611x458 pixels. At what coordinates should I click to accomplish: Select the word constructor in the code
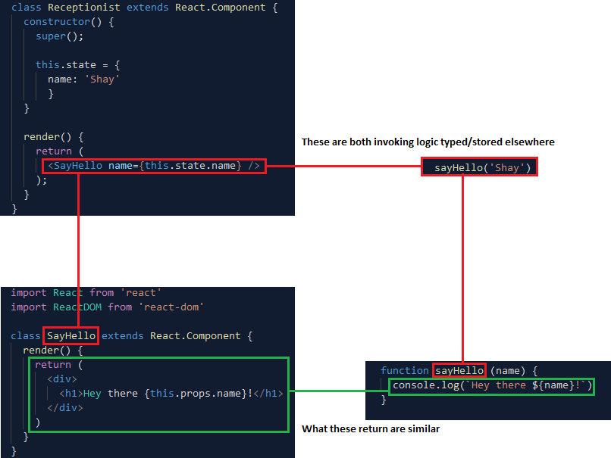(x=56, y=21)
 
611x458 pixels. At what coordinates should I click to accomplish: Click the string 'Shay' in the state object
(x=105, y=79)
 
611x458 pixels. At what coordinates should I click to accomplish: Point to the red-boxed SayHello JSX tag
(x=154, y=166)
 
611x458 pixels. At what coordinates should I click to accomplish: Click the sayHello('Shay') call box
(x=479, y=167)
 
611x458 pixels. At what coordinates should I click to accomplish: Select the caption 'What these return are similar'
(x=371, y=429)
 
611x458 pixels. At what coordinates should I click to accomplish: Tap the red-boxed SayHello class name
(x=71, y=335)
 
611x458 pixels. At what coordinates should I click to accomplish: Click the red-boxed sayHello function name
(x=459, y=370)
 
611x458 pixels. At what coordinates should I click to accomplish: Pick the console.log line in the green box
(x=491, y=386)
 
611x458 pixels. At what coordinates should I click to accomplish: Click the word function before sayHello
(x=405, y=370)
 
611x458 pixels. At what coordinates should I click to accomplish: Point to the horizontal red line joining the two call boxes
(x=343, y=166)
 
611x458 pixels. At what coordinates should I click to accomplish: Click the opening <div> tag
(x=62, y=379)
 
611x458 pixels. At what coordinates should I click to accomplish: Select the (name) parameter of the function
(x=506, y=370)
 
